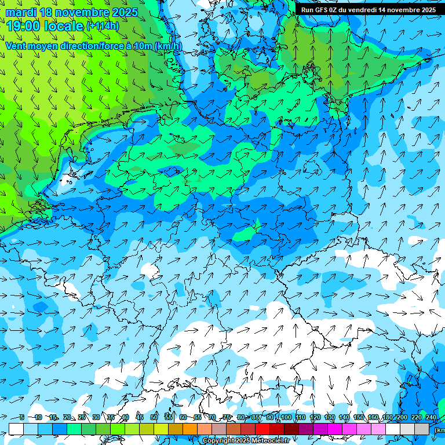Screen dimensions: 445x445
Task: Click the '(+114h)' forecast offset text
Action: pyautogui.click(x=103, y=25)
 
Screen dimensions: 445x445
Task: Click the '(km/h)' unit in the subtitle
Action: pyautogui.click(x=168, y=46)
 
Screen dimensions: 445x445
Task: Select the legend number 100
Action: pyautogui.click(x=286, y=417)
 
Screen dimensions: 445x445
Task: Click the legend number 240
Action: pyautogui.click(x=431, y=417)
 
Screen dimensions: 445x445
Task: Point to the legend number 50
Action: pyautogui.click(x=154, y=417)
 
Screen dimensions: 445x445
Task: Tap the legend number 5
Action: pyautogui.click(x=22, y=417)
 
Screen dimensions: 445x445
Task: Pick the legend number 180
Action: pyautogui.click(x=387, y=417)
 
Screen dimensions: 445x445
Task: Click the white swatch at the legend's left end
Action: pyautogui.click(x=16, y=429)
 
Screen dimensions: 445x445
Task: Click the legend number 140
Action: pyautogui.click(x=344, y=417)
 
